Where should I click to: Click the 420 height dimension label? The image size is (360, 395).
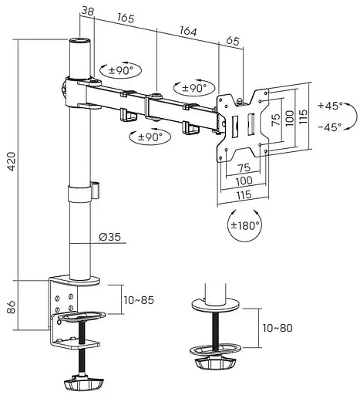click(x=12, y=161)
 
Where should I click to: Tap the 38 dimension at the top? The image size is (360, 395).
click(x=88, y=12)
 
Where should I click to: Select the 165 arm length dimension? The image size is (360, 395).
click(x=126, y=18)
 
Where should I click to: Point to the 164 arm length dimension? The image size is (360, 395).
click(x=188, y=31)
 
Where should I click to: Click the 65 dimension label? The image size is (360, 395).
click(x=233, y=41)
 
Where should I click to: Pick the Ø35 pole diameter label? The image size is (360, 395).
click(x=110, y=237)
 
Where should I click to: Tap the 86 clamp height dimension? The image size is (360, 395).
click(x=12, y=307)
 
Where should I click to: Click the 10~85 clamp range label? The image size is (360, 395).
click(x=139, y=300)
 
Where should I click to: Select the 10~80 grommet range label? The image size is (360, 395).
click(x=278, y=328)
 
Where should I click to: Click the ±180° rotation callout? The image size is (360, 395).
click(x=245, y=225)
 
